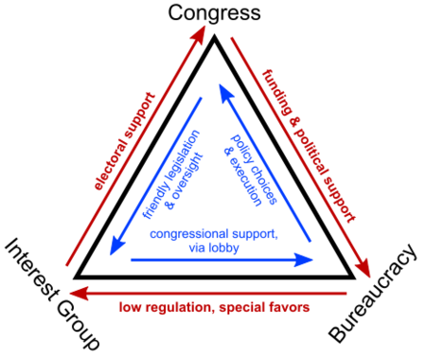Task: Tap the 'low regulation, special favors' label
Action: tap(214, 308)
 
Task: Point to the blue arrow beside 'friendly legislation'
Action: tap(156, 175)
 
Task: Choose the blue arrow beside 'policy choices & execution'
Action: tap(265, 161)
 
